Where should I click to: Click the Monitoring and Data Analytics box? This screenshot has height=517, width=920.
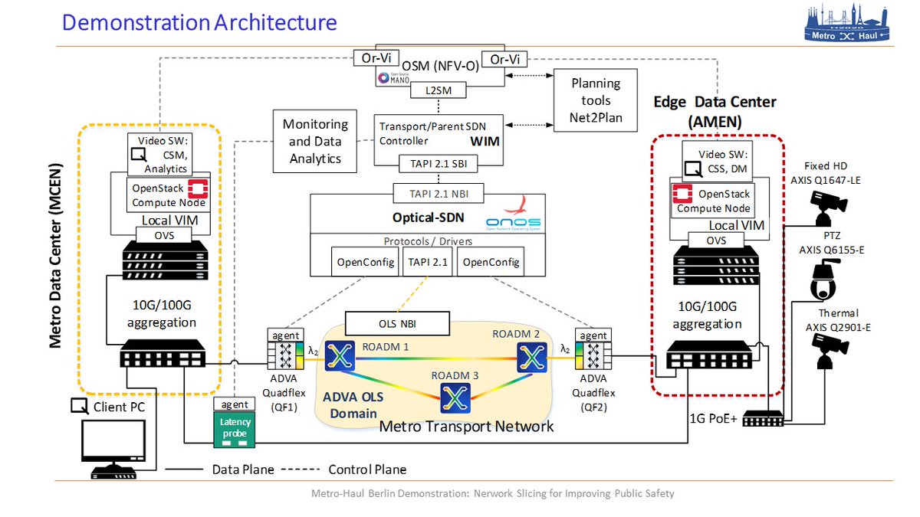316,141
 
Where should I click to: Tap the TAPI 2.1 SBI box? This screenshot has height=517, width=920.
439,162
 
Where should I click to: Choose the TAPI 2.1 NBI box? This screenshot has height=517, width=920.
439,192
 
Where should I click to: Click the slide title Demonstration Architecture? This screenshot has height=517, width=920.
199,22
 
